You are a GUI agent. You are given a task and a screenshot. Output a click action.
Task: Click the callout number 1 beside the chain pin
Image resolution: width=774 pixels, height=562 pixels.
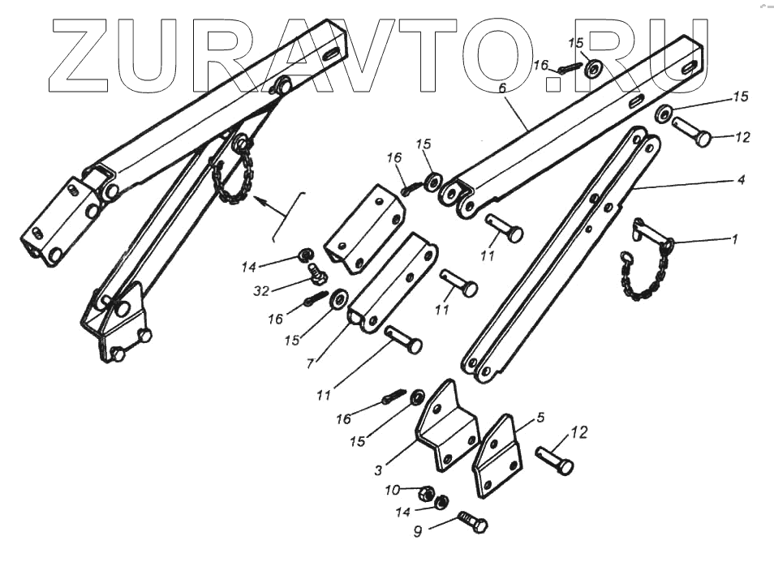pos(735,239)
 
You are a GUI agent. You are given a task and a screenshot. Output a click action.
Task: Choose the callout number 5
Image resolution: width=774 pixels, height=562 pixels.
pos(541,419)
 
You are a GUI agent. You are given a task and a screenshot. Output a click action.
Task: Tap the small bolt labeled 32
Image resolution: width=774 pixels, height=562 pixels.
pos(317,277)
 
